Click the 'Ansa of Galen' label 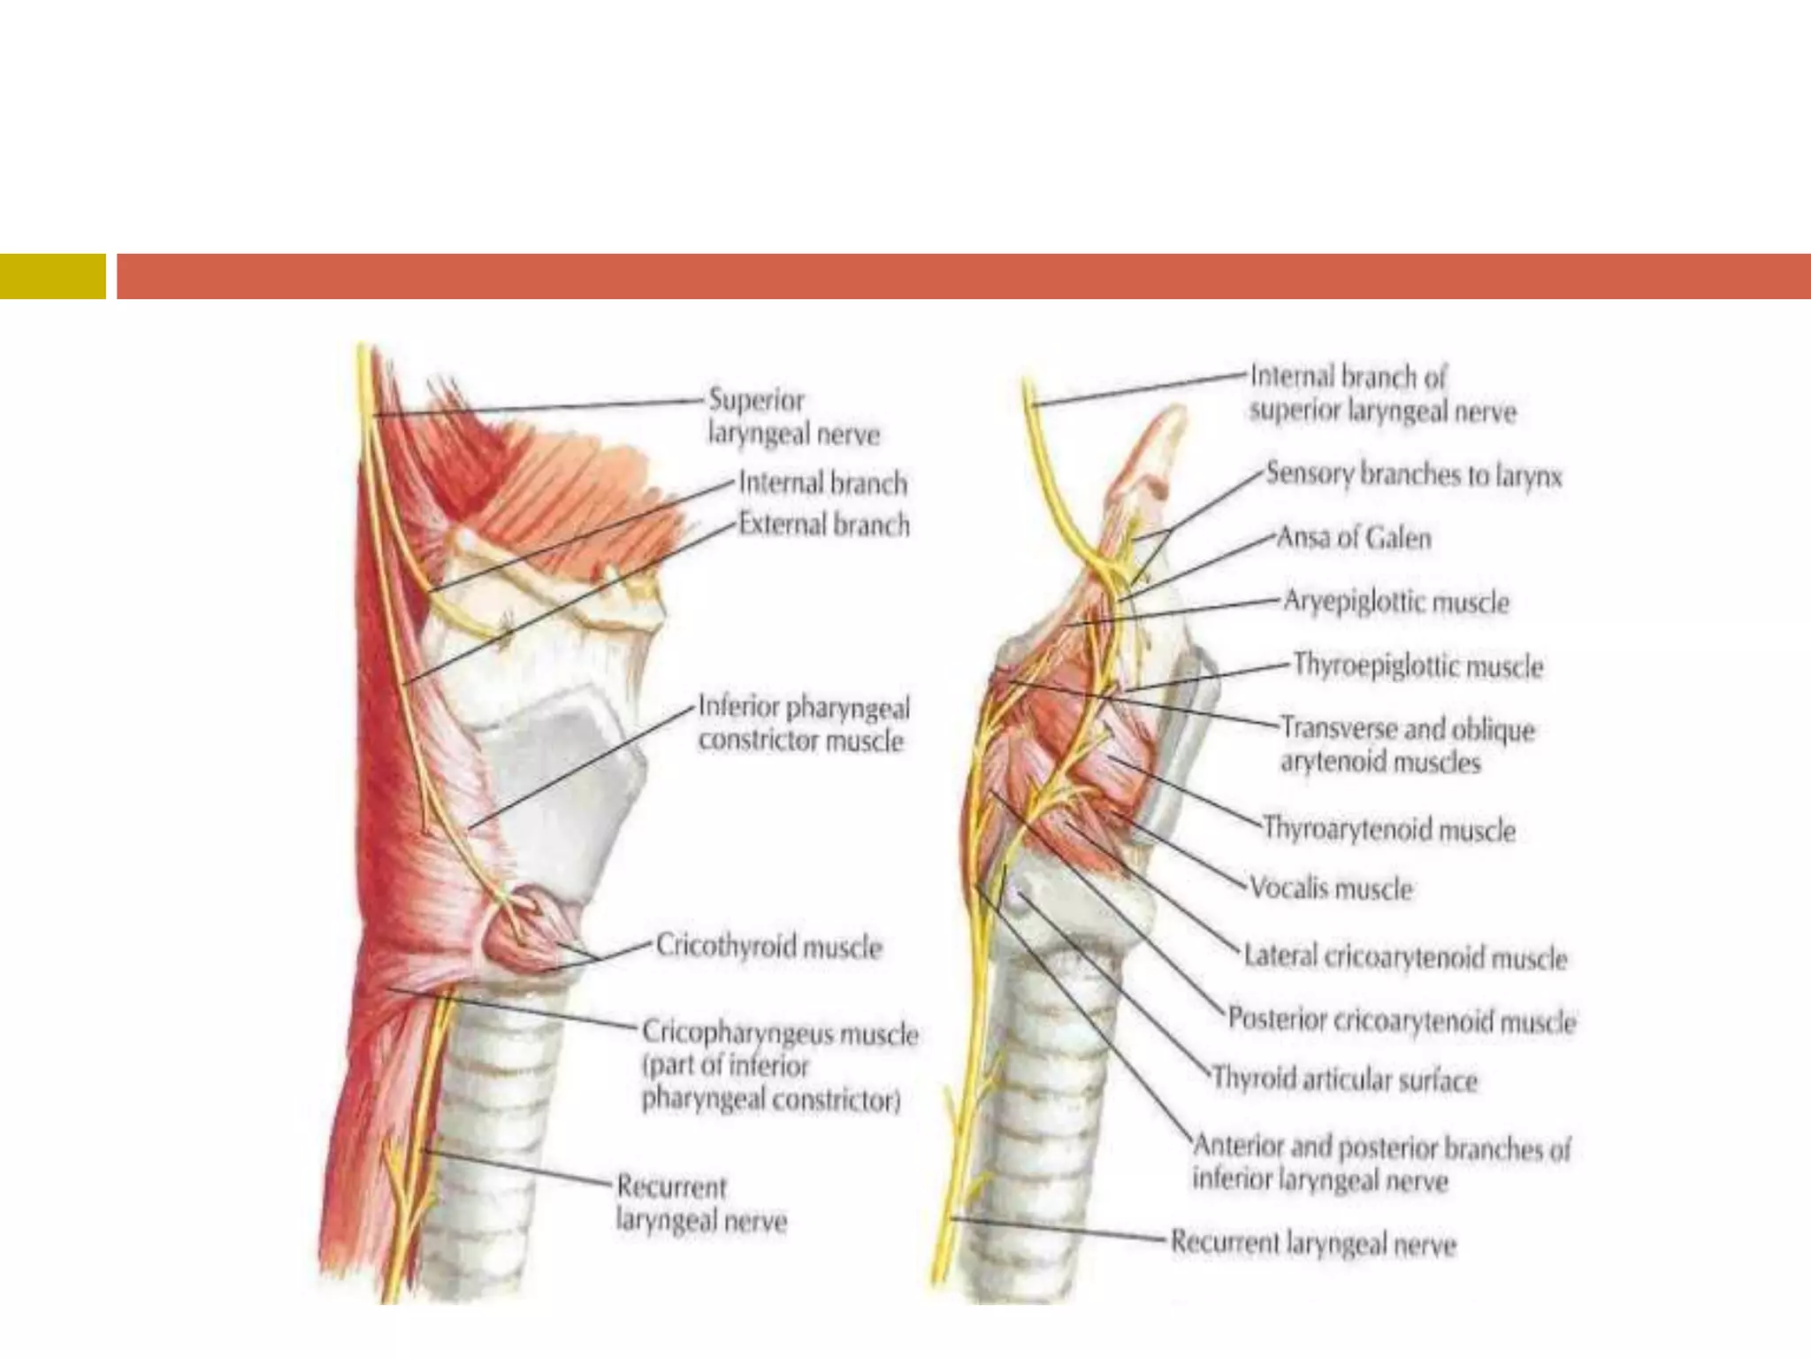pos(1354,538)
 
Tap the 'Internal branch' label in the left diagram pos(822,483)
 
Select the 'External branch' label pos(823,525)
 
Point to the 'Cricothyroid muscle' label pos(768,947)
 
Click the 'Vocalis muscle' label pos(1331,887)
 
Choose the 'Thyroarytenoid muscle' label pos(1389,829)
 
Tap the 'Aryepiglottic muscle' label pos(1395,603)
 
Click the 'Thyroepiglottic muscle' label pos(1417,665)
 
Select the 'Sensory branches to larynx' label pos(1414,475)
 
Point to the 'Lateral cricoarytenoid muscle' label pos(1405,957)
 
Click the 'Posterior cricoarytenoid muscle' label pos(1402,1021)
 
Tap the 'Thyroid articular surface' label pos(1344,1079)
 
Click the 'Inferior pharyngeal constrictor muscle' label pos(803,724)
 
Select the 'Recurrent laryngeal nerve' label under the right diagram pos(1313,1243)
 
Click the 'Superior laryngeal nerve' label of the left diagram pos(793,418)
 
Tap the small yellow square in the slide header pos(52,276)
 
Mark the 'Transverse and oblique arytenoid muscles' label pos(1407,745)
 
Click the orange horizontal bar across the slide pos(963,276)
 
